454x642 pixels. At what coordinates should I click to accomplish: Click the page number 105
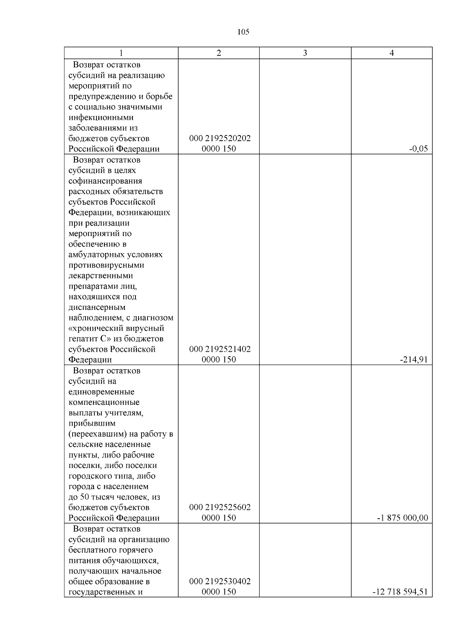(x=243, y=32)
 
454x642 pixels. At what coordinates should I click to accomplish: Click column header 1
(x=121, y=53)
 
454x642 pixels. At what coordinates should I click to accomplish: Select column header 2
(x=219, y=53)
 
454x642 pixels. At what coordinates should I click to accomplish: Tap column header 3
(x=305, y=53)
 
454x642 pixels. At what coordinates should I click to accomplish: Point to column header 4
(x=392, y=53)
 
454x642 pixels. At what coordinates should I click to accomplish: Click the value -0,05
(x=418, y=149)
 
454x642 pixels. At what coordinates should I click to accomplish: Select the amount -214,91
(x=414, y=360)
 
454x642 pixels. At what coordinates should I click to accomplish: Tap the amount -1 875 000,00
(x=403, y=518)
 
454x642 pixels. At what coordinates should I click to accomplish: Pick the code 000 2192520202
(x=220, y=138)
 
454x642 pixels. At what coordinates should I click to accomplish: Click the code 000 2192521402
(x=220, y=349)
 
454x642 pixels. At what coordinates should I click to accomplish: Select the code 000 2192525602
(x=220, y=507)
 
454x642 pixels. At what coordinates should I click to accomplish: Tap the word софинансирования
(x=105, y=181)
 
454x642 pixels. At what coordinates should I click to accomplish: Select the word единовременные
(x=101, y=392)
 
